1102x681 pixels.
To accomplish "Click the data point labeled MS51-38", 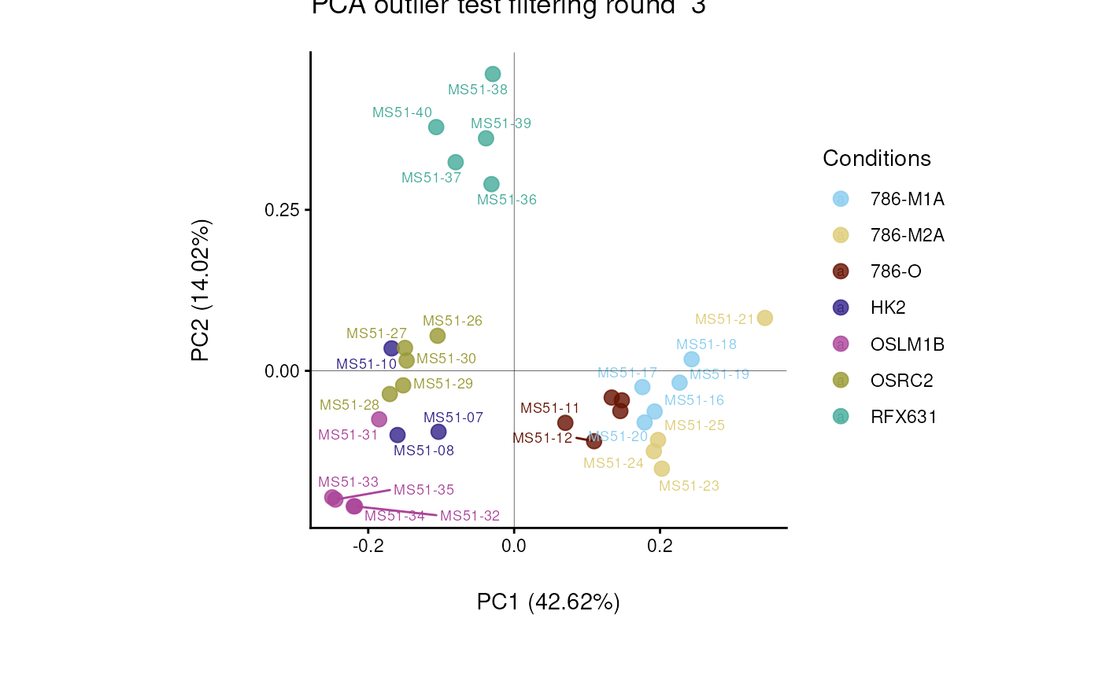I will (493, 74).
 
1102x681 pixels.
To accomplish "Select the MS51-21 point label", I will (724, 319).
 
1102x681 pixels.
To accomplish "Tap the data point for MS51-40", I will (436, 127).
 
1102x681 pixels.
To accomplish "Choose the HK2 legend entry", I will (888, 307).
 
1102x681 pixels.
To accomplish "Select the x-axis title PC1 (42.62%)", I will (549, 602).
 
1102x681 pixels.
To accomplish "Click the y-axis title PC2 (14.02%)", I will (202, 291).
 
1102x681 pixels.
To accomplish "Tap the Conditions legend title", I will (877, 158).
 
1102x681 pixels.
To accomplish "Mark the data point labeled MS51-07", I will (438, 431).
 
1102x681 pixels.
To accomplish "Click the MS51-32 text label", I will (470, 516).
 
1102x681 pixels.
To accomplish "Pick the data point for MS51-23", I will (662, 469).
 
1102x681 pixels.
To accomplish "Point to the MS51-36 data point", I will (491, 184).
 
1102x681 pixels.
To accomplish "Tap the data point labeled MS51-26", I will (437, 336).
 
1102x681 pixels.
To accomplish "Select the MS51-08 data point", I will (398, 435).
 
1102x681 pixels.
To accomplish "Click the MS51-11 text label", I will (549, 408).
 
